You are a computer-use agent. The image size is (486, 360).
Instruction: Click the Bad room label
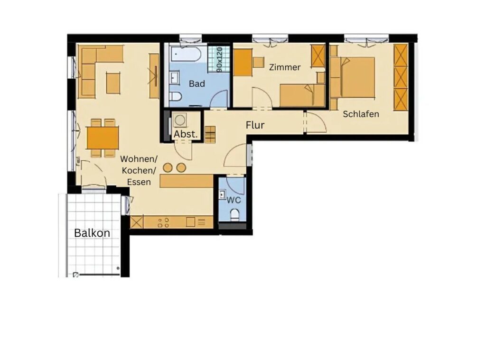pyautogui.click(x=197, y=83)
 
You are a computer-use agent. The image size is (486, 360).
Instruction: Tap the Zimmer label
pyautogui.click(x=285, y=67)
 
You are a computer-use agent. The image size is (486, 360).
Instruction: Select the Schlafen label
pyautogui.click(x=361, y=114)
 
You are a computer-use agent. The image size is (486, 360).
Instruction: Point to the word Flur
pyautogui.click(x=255, y=125)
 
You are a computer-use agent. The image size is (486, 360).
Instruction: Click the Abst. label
pyautogui.click(x=186, y=134)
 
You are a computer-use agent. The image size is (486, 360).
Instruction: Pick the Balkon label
pyautogui.click(x=92, y=233)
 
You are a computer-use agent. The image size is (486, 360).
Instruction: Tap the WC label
pyautogui.click(x=234, y=200)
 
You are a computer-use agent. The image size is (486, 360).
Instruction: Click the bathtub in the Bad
pyautogui.click(x=186, y=54)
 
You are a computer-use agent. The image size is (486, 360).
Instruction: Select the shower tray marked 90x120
pyautogui.click(x=219, y=59)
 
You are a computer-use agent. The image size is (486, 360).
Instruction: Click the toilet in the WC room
pyautogui.click(x=235, y=215)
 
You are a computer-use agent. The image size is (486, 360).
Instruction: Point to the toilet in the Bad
pyautogui.click(x=176, y=96)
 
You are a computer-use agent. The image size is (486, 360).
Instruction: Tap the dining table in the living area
pyautogui.click(x=103, y=138)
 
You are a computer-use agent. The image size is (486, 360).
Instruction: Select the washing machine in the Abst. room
pyautogui.click(x=179, y=120)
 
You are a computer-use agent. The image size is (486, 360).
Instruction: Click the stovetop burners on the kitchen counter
pyautogui.click(x=164, y=222)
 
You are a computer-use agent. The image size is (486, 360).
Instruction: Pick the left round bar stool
pyautogui.click(x=168, y=167)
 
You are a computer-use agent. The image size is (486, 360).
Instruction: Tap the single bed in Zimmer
pyautogui.click(x=302, y=95)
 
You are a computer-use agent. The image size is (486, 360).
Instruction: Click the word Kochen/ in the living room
pyautogui.click(x=139, y=171)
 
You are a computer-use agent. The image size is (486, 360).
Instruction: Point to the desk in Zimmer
pyautogui.click(x=243, y=63)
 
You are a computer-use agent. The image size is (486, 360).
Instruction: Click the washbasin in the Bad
pyautogui.click(x=175, y=77)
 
